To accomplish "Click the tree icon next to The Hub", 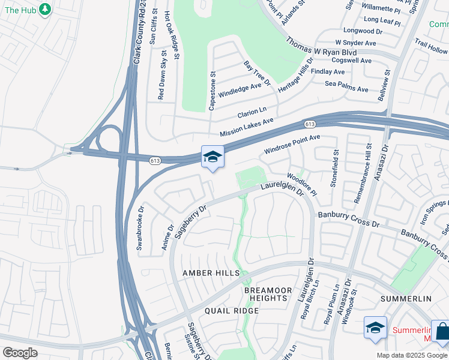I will click(x=44, y=10).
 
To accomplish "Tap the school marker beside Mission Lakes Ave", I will click(x=212, y=157).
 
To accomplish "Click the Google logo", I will click(x=20, y=353).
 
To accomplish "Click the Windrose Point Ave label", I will click(x=292, y=143).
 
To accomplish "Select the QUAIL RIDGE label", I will click(x=232, y=311).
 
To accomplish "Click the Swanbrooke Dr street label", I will click(x=140, y=229).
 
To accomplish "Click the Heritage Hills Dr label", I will click(x=296, y=74).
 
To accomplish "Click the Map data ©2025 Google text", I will click(x=412, y=355).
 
